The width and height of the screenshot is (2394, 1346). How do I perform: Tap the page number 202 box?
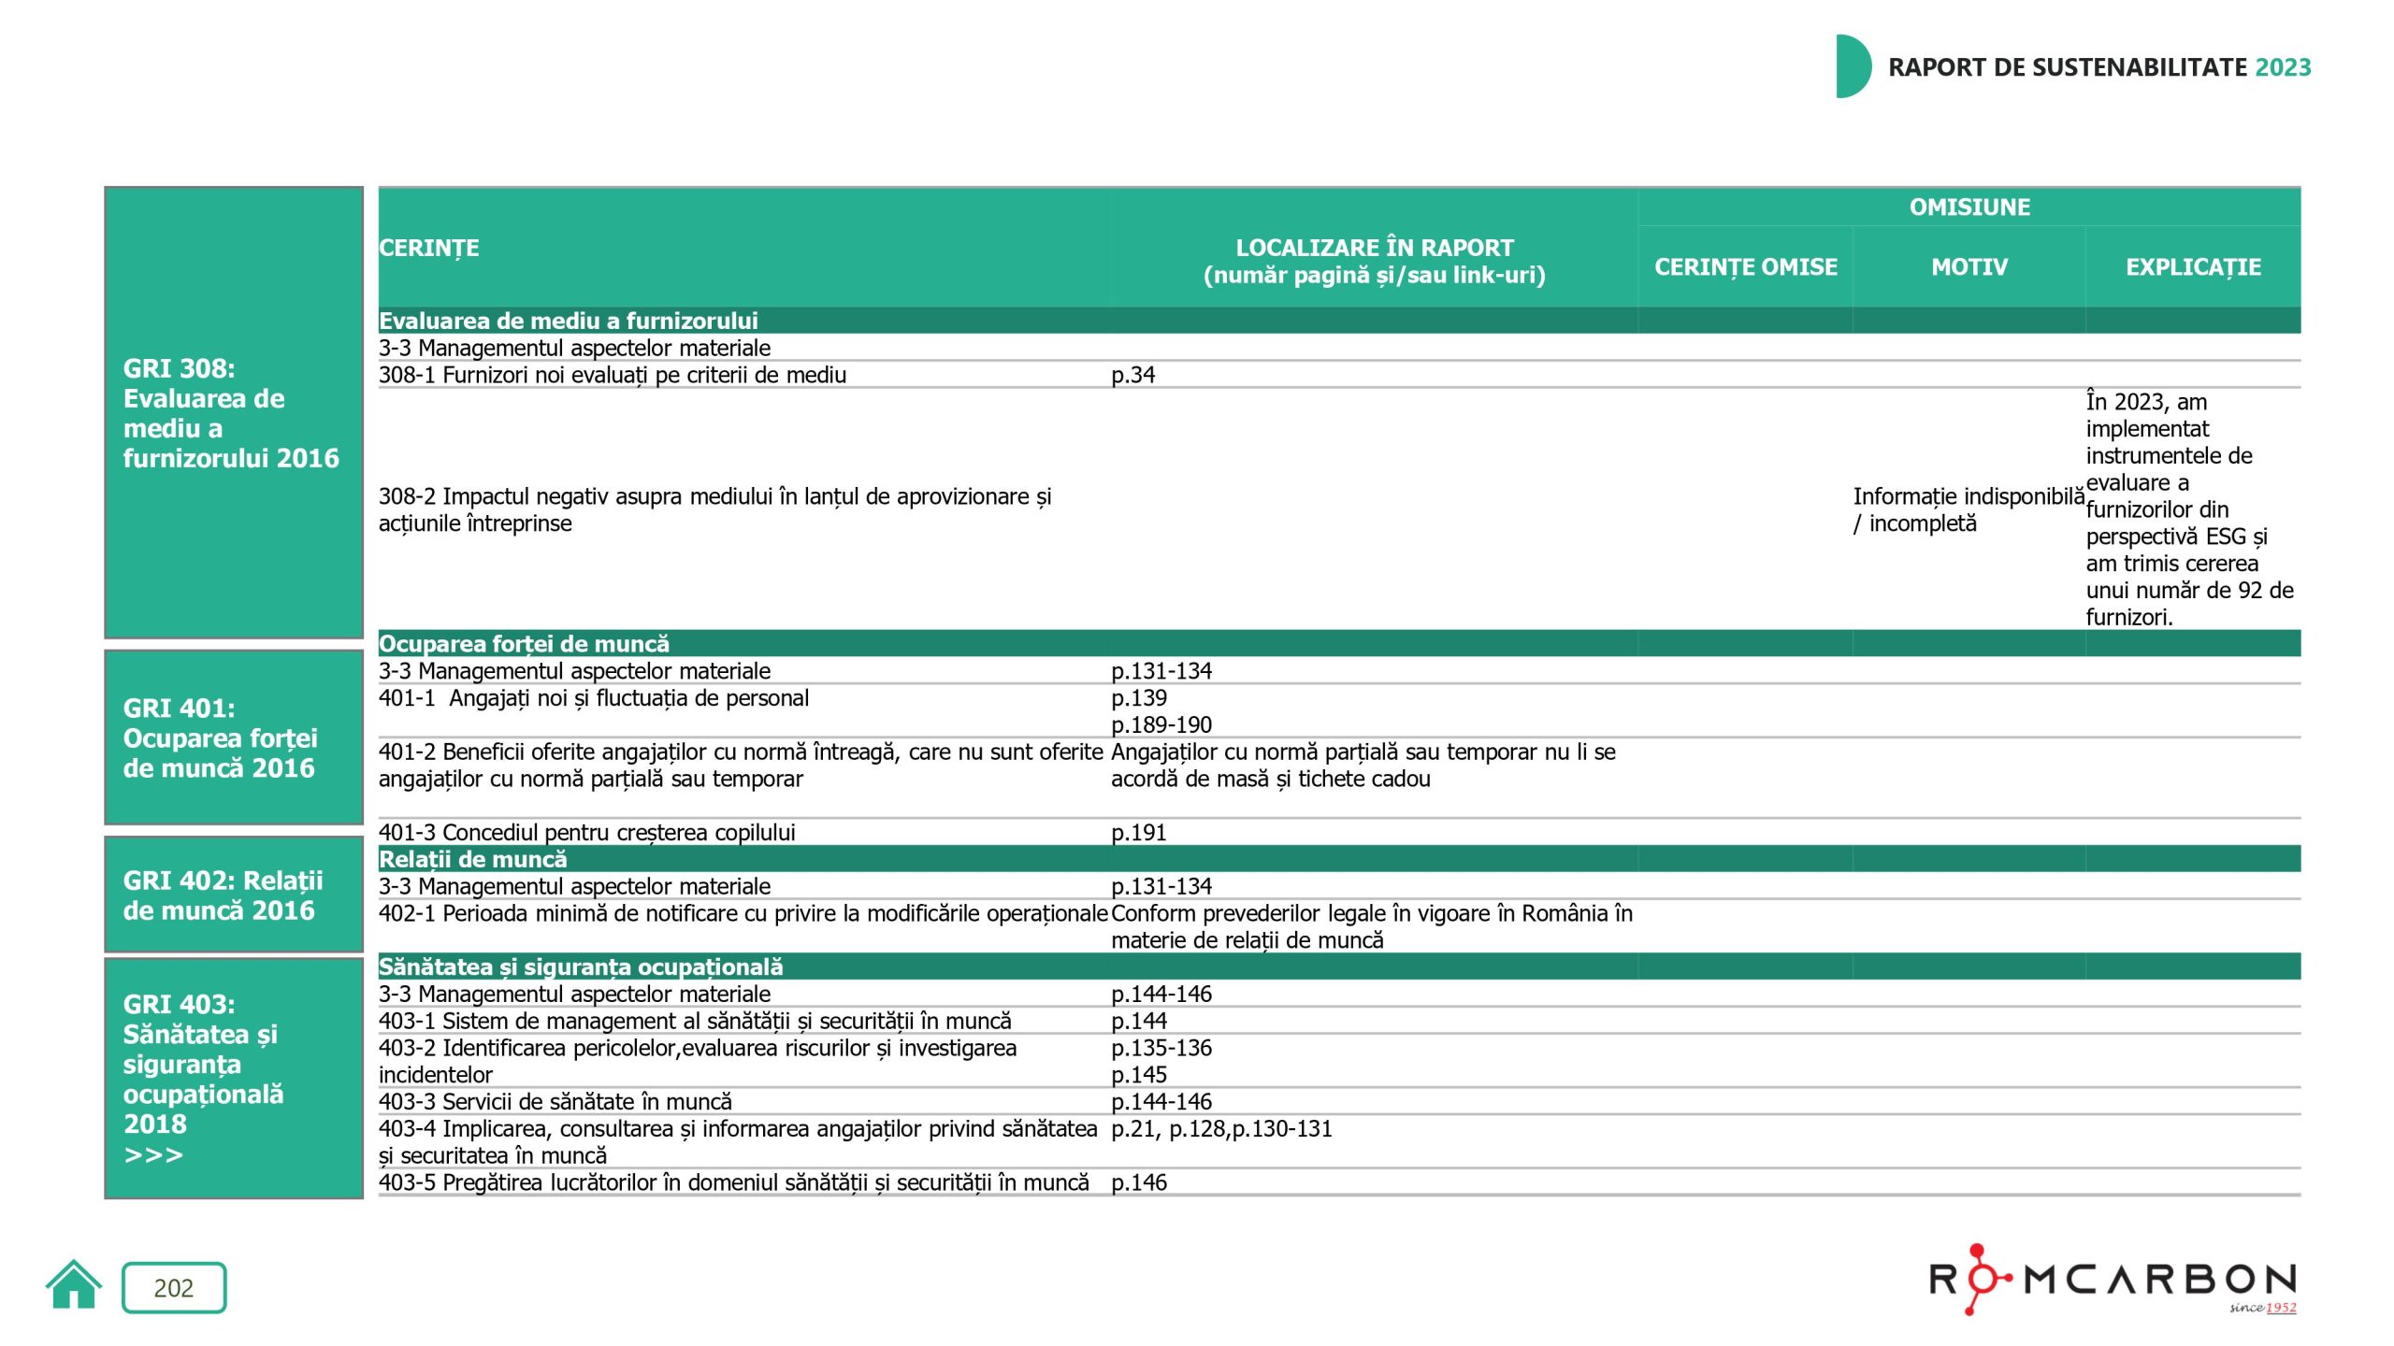(174, 1287)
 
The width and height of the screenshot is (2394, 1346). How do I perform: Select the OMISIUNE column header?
(1969, 207)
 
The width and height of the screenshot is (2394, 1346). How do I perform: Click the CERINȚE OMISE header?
(1745, 267)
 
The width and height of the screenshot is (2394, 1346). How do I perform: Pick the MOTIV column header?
(1969, 267)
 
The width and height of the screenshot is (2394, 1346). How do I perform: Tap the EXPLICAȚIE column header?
(2192, 267)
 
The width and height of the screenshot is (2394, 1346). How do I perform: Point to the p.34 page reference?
(1132, 375)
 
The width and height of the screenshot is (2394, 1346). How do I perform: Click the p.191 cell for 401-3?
(1138, 832)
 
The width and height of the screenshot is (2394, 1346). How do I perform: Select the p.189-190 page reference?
(1161, 724)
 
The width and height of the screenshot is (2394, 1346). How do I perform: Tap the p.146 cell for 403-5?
(1138, 1182)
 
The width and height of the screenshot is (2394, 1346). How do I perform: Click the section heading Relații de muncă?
(472, 859)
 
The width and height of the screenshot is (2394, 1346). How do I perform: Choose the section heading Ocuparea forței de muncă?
(524, 644)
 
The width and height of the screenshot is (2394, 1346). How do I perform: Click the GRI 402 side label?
(223, 895)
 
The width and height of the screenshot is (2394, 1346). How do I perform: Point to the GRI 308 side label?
(230, 412)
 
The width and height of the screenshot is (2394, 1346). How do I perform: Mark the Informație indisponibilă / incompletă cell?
(1967, 509)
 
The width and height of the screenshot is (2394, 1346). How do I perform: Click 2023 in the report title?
(2283, 67)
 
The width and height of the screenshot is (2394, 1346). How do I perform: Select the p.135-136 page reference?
(1161, 1048)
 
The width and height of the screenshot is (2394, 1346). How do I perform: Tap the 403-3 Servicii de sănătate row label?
(555, 1102)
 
